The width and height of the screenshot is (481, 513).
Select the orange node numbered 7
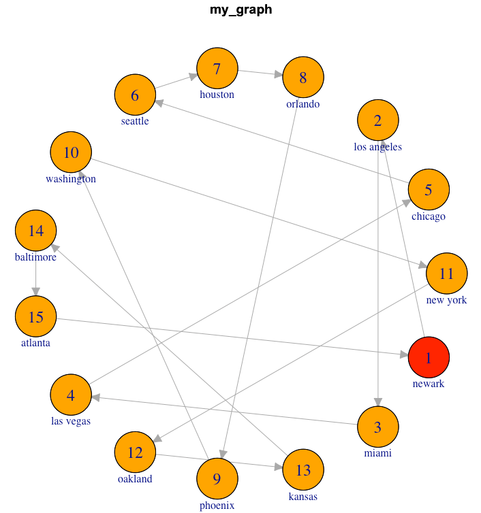(x=217, y=69)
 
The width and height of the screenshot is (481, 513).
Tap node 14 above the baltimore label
(x=36, y=231)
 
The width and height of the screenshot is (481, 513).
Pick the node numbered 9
(x=217, y=479)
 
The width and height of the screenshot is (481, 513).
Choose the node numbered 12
(x=136, y=452)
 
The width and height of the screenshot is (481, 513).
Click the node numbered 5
(x=429, y=190)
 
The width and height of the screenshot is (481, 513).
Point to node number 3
(x=377, y=427)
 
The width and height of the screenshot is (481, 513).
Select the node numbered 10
(x=71, y=152)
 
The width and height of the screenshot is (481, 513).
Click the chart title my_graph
(x=240, y=10)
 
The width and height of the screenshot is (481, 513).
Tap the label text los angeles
(x=377, y=147)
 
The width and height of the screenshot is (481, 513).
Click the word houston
(x=217, y=95)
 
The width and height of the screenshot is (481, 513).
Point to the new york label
(x=446, y=300)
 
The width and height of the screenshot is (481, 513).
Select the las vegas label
(x=71, y=421)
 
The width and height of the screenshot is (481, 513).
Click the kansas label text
(x=302, y=496)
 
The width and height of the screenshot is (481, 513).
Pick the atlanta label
(x=35, y=343)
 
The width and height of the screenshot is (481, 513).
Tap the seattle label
(x=135, y=121)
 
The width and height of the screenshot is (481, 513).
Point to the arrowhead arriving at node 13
(x=279, y=467)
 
